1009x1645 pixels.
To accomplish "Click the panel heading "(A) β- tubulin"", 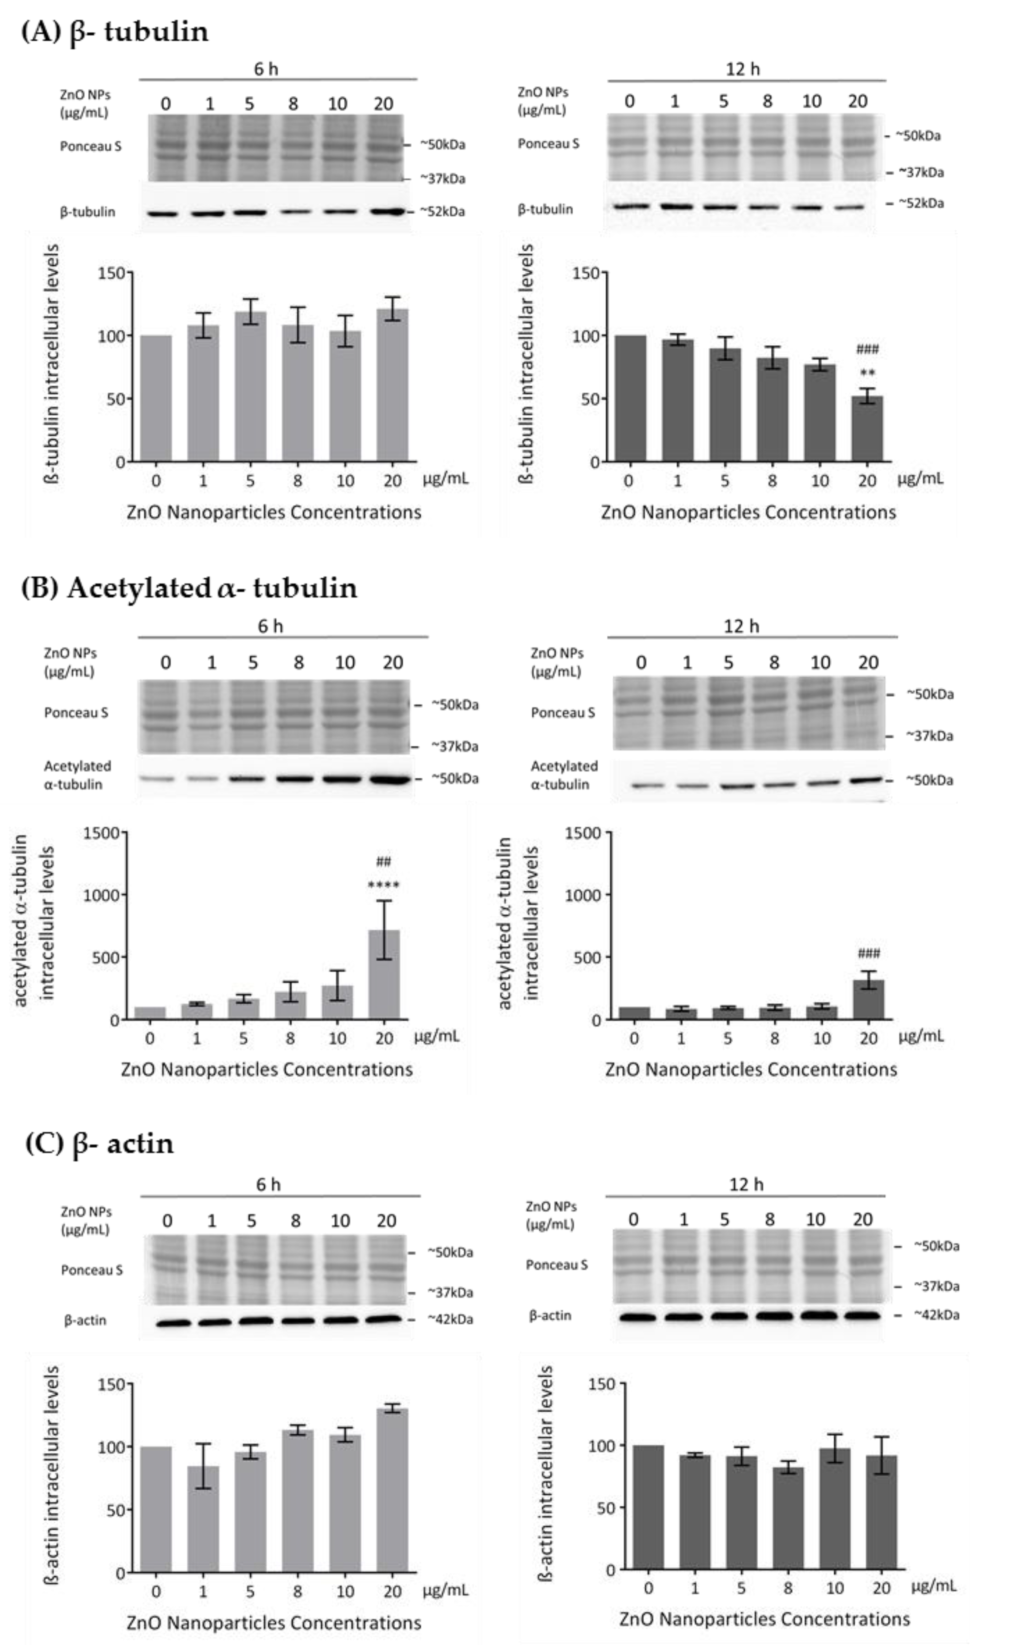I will [115, 31].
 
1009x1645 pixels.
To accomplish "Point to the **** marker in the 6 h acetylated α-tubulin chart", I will [384, 885].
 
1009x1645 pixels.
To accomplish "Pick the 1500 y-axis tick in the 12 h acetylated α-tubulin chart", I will [583, 833].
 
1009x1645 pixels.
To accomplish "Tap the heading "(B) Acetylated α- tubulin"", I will [189, 587].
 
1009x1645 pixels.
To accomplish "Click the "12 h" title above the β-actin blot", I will [745, 1184].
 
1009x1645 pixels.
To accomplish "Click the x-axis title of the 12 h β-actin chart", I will [764, 1619].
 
